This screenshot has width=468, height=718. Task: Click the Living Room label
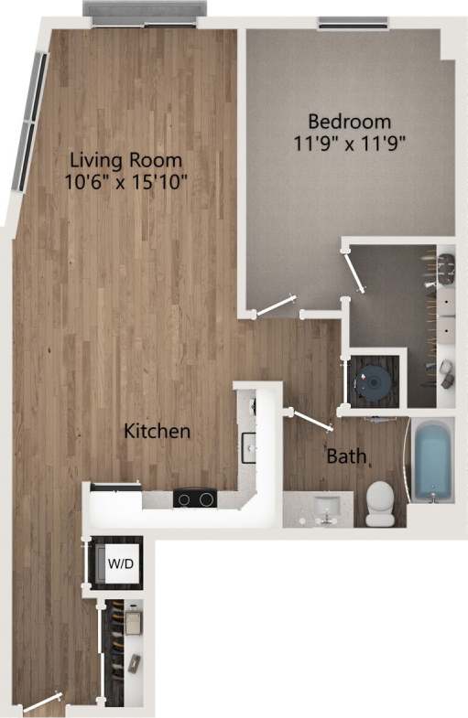click(125, 159)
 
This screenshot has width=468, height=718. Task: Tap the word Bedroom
click(349, 121)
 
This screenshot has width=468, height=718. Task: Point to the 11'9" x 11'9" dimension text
click(349, 142)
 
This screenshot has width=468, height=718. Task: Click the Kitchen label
click(158, 430)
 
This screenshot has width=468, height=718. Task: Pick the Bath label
click(347, 455)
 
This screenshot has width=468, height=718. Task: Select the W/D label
click(121, 563)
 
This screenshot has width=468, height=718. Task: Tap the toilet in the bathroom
click(379, 502)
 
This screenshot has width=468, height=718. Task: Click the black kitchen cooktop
click(193, 498)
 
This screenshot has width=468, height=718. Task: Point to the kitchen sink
click(247, 445)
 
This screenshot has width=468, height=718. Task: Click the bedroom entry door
click(274, 305)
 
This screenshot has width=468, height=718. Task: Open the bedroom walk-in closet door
click(352, 272)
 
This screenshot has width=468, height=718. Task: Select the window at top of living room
click(144, 9)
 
